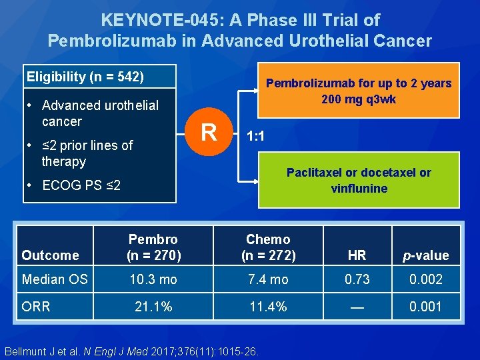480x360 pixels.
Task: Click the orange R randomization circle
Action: point(209,132)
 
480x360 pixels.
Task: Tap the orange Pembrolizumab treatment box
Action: point(359,91)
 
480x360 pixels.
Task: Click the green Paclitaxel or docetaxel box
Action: point(359,180)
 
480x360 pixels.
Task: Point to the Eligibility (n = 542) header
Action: point(85,77)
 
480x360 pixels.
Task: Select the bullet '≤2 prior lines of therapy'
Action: point(87,153)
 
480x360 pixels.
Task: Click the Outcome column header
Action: point(50,255)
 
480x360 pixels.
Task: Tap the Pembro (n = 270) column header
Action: point(153,247)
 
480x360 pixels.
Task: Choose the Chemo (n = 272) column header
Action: point(268,247)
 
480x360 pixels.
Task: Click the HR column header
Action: point(357,255)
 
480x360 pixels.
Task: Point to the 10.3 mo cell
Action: point(153,279)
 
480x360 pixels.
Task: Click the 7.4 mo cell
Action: point(268,279)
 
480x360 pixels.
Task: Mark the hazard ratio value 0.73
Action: point(357,279)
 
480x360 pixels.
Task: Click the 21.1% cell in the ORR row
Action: point(153,307)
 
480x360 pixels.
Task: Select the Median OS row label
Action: point(55,279)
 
